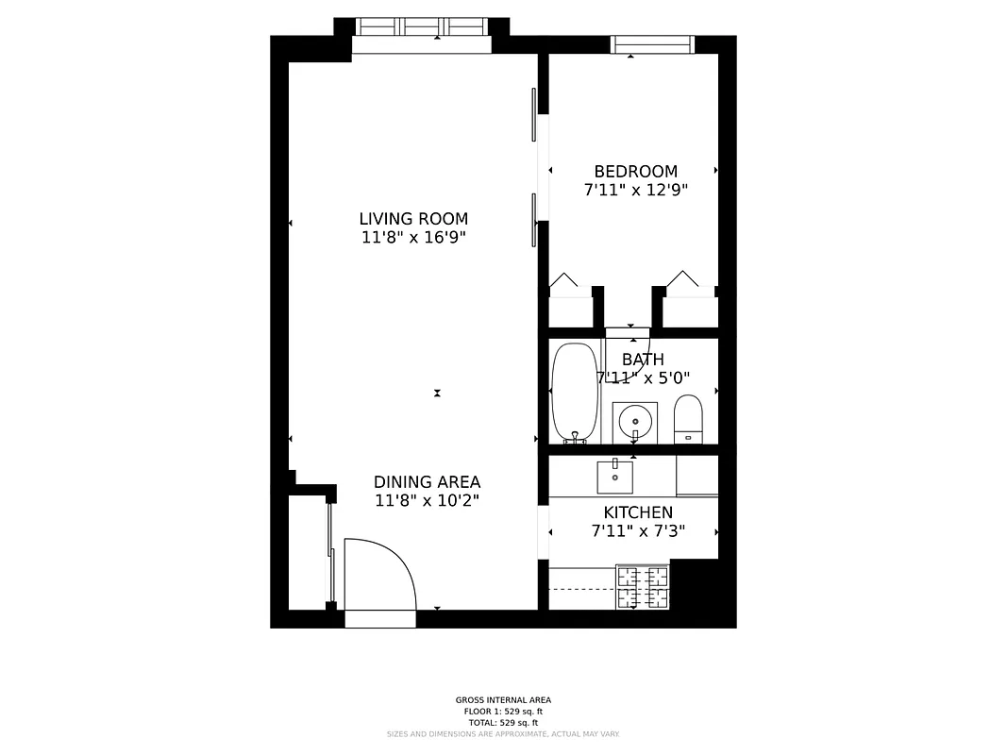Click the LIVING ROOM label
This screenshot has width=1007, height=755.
413,219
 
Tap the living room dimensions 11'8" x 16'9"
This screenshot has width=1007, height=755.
413,238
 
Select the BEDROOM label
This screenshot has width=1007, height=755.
635,172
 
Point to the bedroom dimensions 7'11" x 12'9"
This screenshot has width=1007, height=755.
635,190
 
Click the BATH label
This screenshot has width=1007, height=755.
643,360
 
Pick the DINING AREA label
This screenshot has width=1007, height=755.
427,482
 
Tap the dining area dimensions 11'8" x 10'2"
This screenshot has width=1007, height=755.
427,501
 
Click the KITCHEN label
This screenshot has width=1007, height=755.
638,512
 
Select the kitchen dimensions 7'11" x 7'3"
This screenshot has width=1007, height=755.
638,531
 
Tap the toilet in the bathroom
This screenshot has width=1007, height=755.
689,418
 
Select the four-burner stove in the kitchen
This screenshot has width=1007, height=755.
643,586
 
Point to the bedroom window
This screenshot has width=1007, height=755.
652,44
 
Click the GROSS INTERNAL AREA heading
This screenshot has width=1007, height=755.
503,700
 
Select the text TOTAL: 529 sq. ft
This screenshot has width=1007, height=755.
503,722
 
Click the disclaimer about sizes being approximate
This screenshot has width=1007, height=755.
503,733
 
